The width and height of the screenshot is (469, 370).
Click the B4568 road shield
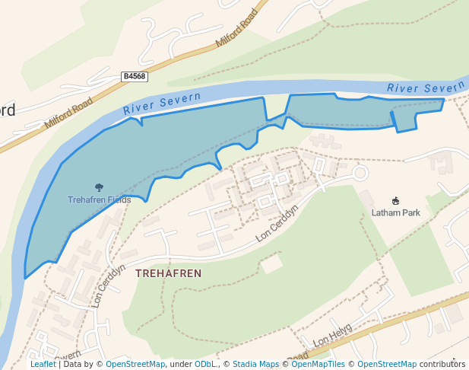134,77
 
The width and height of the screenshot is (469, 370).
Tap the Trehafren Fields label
99,200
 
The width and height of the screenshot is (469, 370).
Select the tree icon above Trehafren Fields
99,187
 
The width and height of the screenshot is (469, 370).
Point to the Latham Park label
395,213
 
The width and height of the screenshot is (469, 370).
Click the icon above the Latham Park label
395,200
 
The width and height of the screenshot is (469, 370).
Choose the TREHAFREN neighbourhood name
169,273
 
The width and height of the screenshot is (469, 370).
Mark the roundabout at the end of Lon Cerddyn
360,174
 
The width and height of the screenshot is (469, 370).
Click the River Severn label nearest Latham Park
425,88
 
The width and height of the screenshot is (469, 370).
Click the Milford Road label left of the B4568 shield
68,112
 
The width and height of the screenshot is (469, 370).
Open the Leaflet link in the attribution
43,364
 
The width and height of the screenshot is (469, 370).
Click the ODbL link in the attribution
205,364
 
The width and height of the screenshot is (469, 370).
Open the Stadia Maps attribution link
255,364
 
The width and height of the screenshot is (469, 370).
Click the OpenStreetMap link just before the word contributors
387,364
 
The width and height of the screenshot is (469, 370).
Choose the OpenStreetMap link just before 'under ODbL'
135,364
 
